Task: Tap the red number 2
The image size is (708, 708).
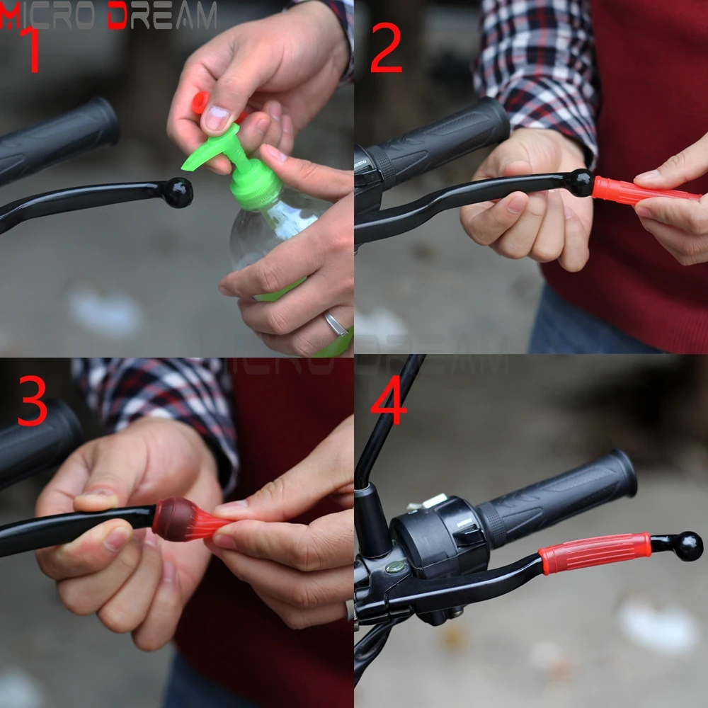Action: point(386,47)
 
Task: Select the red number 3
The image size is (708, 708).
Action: point(32,401)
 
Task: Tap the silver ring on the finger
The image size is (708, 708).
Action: point(336,324)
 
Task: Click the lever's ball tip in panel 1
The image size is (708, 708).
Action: point(178,193)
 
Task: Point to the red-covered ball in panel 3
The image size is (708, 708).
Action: point(174,519)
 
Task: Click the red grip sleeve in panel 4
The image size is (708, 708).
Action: point(595,554)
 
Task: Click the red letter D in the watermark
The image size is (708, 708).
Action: point(118,15)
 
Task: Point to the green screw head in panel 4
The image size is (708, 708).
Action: point(396,566)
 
